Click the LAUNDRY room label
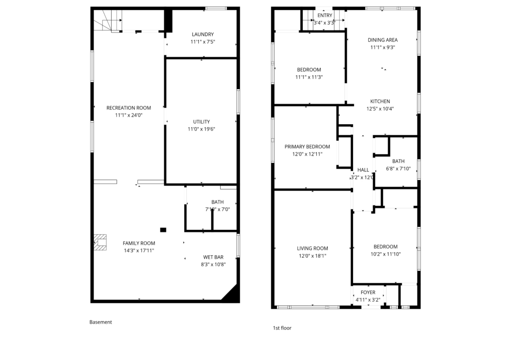click(x=203, y=34)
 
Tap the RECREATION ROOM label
click(x=129, y=108)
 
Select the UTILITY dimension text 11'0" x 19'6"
click(x=201, y=129)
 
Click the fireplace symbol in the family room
click(x=100, y=243)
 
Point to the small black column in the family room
click(x=163, y=230)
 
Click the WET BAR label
click(x=213, y=257)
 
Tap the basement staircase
click(x=108, y=20)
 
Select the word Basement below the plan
click(x=101, y=322)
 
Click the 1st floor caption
click(x=282, y=328)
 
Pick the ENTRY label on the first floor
click(x=325, y=15)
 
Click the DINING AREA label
click(x=383, y=40)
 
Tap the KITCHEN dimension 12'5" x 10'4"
click(x=380, y=109)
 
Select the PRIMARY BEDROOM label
click(x=307, y=147)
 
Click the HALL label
click(x=363, y=170)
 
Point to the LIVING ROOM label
click(x=313, y=248)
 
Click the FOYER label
click(x=368, y=292)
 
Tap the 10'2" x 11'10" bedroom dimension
click(x=385, y=254)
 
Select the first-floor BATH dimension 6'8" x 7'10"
click(x=398, y=169)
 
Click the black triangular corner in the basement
click(x=233, y=295)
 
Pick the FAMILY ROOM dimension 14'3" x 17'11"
click(x=139, y=251)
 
